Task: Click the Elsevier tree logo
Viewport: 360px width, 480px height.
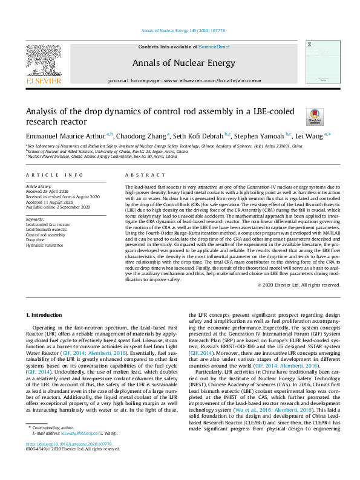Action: coord(44,59)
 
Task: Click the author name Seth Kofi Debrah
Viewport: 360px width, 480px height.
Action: coord(198,136)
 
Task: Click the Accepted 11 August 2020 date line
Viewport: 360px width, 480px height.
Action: coord(52,203)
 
